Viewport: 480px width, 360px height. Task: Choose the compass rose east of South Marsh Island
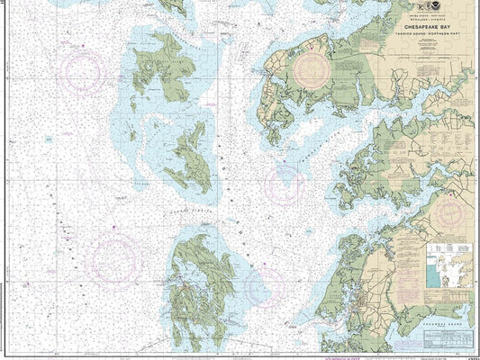285,184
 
